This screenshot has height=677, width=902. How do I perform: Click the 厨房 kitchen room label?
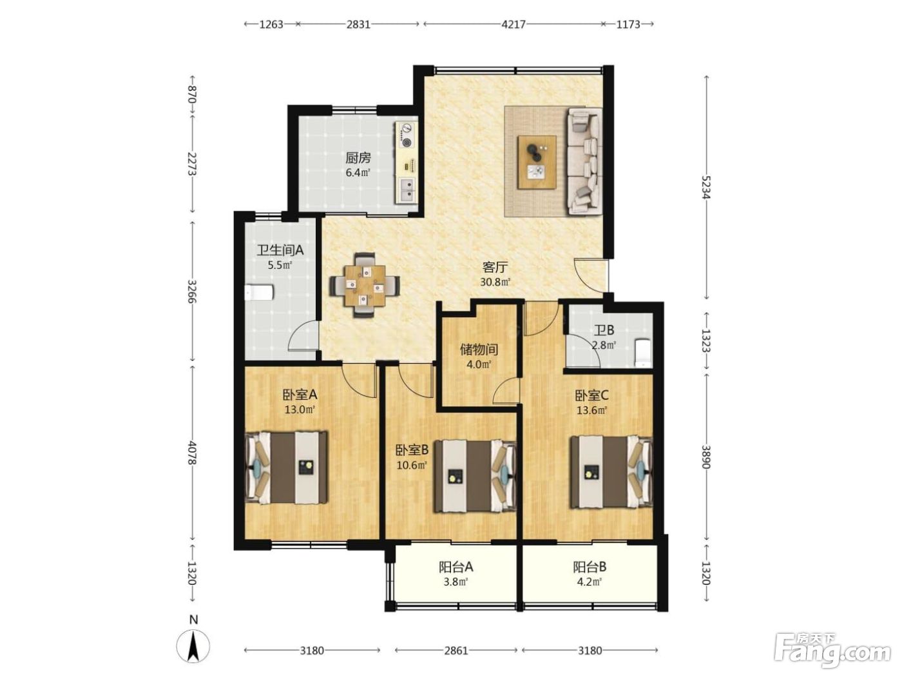click(358, 157)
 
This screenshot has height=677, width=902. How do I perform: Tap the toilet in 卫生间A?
click(259, 293)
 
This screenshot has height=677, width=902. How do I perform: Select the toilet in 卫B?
click(642, 353)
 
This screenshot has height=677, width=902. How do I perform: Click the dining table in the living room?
click(365, 285)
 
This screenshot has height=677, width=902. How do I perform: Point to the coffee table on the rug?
click(537, 162)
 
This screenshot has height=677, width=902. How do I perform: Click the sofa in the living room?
click(585, 161)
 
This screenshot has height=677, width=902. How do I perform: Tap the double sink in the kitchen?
click(407, 190)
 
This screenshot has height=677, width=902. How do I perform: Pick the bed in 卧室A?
click(287, 467)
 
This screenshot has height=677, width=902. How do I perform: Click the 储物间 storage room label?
click(479, 349)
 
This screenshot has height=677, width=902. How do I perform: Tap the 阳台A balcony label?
click(456, 567)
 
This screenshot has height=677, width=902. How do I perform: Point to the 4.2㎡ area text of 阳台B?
click(590, 582)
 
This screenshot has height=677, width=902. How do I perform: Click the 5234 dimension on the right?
click(706, 188)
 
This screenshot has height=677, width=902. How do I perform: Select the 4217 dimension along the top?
click(513, 25)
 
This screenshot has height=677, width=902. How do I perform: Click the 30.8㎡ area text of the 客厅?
click(495, 282)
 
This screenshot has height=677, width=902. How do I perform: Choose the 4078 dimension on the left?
click(192, 453)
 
